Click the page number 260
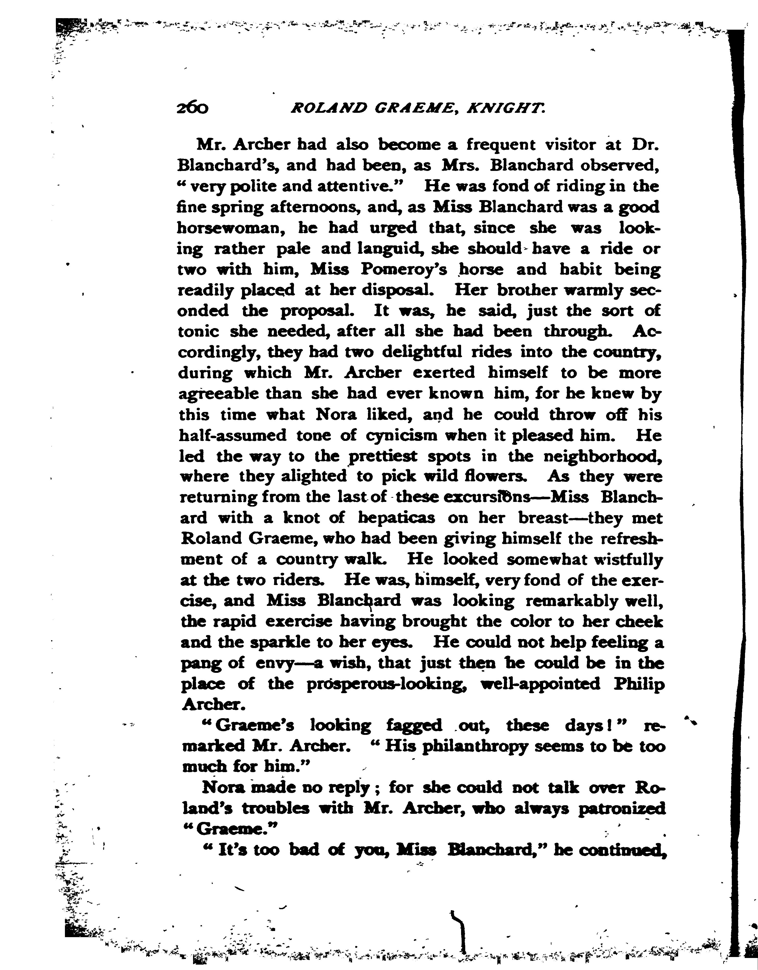pos(192,108)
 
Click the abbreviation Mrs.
pos(462,165)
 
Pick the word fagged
pos(414,726)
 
